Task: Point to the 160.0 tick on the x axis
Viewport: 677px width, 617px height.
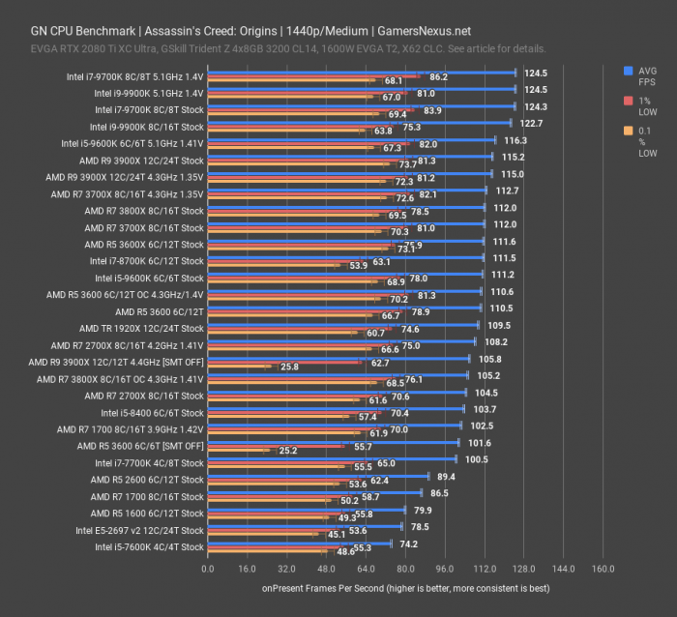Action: click(x=603, y=569)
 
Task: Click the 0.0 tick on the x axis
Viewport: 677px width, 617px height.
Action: click(x=208, y=569)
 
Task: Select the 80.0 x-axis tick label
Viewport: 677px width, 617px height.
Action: click(x=405, y=569)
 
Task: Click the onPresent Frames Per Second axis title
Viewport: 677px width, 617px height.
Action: click(x=405, y=587)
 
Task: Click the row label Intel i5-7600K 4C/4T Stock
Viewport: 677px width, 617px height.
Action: click(x=149, y=546)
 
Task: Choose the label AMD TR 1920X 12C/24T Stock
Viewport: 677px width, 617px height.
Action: click(x=141, y=328)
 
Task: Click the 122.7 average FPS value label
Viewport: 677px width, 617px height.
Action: click(x=533, y=124)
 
